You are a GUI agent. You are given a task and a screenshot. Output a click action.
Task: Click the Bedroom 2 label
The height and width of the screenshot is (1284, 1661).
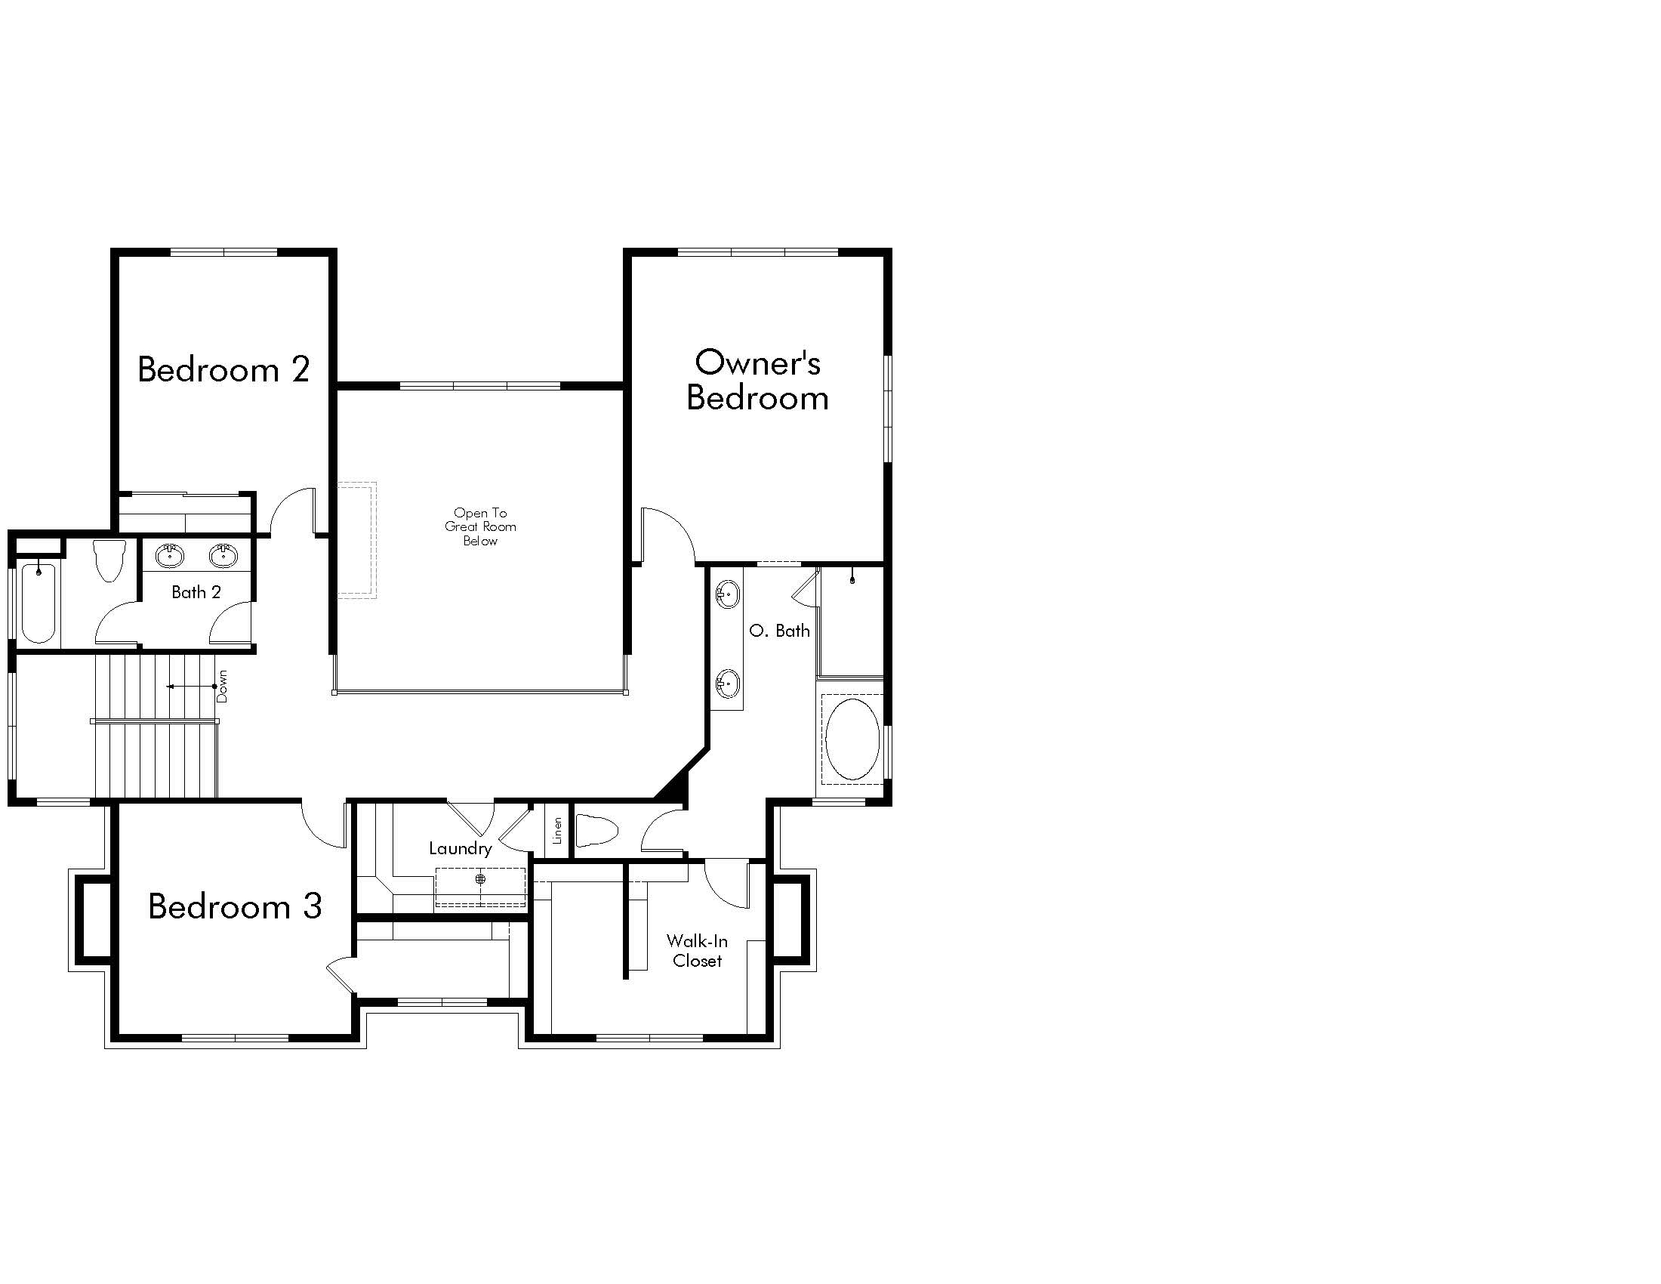click(223, 369)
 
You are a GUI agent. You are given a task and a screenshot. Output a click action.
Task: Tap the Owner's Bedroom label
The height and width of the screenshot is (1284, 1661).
click(757, 381)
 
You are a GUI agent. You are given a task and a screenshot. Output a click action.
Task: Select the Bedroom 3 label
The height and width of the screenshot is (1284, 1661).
click(235, 906)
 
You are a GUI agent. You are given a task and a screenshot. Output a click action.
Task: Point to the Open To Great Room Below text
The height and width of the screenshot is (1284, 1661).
click(481, 526)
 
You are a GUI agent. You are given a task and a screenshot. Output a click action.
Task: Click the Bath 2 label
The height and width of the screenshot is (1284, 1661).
click(196, 592)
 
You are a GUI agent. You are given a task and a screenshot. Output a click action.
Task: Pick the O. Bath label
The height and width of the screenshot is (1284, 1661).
click(780, 631)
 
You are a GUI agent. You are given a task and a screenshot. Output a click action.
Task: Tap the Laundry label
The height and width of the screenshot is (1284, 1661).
click(460, 849)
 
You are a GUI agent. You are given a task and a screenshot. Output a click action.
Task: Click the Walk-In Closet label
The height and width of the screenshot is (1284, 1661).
click(698, 951)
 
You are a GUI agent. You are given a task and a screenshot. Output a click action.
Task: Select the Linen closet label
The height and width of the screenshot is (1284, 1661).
click(557, 831)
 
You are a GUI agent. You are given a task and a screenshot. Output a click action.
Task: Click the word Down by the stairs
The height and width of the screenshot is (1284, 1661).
click(222, 686)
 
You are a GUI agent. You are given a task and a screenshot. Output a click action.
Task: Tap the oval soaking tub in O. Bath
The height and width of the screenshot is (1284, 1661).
click(852, 739)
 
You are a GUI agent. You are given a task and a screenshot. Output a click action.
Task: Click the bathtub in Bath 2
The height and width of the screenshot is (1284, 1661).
click(38, 603)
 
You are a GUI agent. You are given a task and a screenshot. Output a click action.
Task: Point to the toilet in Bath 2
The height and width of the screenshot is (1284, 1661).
click(109, 560)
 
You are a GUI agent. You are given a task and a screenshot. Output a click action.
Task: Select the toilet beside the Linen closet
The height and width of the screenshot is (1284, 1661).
click(596, 831)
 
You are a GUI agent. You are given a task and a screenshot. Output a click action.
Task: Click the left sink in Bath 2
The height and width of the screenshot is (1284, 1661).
click(169, 555)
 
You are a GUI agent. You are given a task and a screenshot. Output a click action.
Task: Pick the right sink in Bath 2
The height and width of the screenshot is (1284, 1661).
click(223, 555)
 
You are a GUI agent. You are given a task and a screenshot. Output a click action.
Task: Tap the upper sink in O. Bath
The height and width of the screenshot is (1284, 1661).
click(727, 594)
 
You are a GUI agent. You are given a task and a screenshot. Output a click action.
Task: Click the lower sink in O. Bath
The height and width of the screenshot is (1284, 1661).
click(727, 683)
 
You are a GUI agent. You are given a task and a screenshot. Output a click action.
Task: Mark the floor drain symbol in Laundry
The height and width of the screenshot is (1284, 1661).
click(480, 879)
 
